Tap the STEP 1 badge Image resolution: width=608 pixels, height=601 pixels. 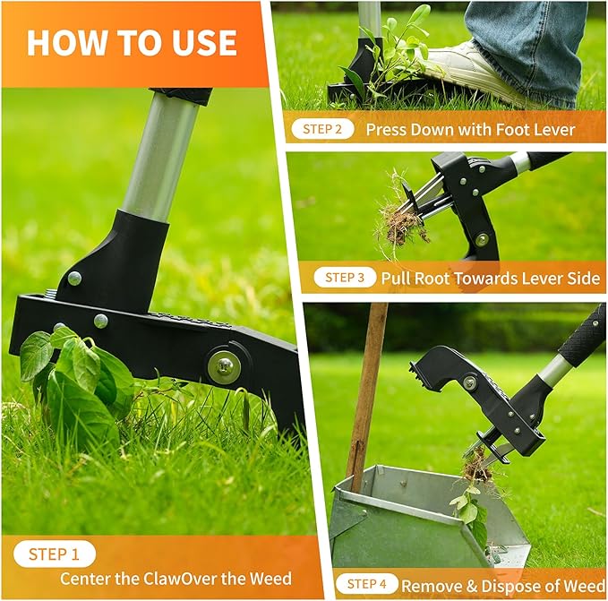[x=60, y=554]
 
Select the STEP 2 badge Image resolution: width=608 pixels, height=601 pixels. [x=321, y=129]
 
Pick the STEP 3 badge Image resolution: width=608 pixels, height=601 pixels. [x=345, y=278]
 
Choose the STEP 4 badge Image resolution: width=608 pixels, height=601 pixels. [x=367, y=585]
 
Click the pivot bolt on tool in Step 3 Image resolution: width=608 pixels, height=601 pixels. [x=483, y=239]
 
